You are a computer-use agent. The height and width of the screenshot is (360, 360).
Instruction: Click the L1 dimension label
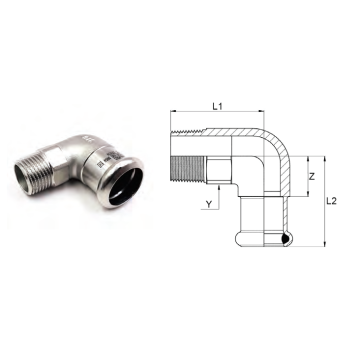(x=217, y=106)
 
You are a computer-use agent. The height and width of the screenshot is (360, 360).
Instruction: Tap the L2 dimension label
(x=331, y=201)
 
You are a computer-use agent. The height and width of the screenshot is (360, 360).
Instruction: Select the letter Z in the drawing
(x=312, y=177)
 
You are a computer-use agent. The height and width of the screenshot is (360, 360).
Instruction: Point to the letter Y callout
(x=209, y=204)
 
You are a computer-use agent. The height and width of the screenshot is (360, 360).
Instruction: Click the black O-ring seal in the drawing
(x=286, y=239)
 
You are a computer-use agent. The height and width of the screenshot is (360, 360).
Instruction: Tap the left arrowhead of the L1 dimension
(x=173, y=111)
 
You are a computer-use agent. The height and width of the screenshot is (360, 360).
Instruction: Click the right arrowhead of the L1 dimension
(x=261, y=111)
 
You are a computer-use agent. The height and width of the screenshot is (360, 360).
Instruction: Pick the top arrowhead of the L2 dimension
(x=325, y=158)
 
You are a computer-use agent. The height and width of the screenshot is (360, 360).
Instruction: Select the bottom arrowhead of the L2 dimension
(x=325, y=244)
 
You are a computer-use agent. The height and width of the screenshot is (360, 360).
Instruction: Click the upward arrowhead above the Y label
(x=219, y=188)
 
